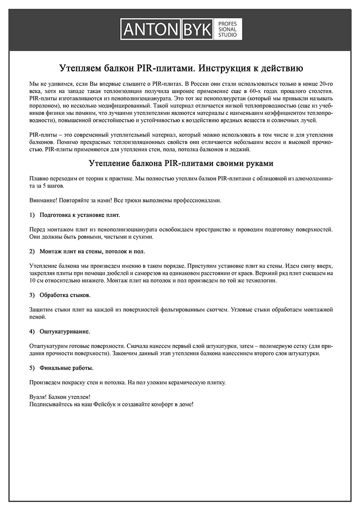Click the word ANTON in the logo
coord(151,30)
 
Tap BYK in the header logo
coord(198,30)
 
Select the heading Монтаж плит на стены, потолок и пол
coord(92,251)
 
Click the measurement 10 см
coord(36,280)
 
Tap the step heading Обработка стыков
coord(65,295)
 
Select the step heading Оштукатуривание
coord(65,331)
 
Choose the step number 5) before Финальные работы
coord(32,368)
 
